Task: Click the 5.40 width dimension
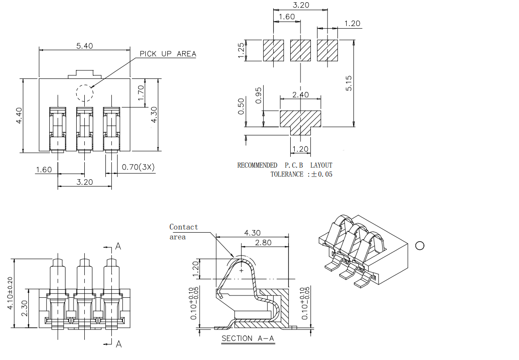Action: [85, 46]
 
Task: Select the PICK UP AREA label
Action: [168, 54]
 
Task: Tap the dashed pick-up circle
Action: [84, 93]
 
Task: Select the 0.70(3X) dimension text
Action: [138, 167]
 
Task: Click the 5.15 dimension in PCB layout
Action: [349, 83]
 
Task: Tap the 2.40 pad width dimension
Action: [300, 95]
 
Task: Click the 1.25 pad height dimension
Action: [241, 50]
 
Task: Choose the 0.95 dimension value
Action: [259, 95]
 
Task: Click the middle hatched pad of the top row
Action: [301, 51]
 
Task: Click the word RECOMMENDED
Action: [257, 165]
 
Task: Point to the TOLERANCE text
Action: [287, 174]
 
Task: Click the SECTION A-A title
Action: [248, 338]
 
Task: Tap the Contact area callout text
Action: [183, 232]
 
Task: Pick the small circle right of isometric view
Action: [420, 245]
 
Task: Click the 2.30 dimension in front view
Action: [25, 308]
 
